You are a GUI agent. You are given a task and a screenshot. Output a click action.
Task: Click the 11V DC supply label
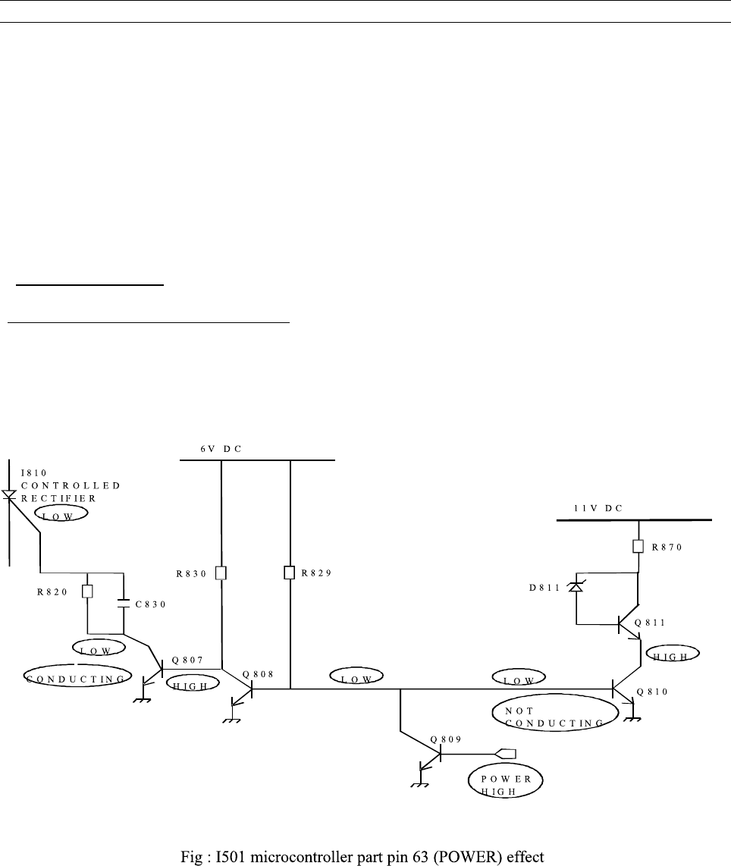pyautogui.click(x=598, y=508)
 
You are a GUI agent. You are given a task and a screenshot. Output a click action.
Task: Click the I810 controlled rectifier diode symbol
pyautogui.click(x=8, y=495)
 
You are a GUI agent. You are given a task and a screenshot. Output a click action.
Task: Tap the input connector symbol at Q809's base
pyautogui.click(x=505, y=754)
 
